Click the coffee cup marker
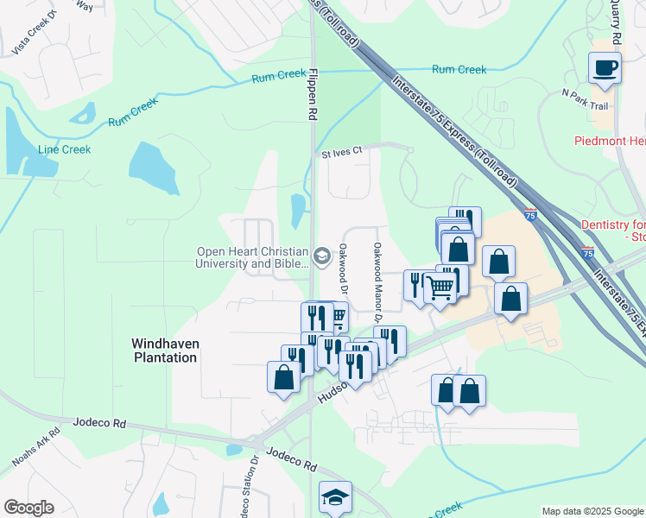(605, 67)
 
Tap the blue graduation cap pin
(335, 496)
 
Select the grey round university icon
(322, 254)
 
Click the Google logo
(28, 508)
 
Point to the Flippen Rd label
(313, 95)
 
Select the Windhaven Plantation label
(165, 350)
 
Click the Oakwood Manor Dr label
(377, 271)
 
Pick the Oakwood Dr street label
(342, 267)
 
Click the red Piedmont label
(610, 141)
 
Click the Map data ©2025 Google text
(592, 511)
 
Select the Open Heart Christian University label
(252, 258)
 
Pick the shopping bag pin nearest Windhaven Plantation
(284, 377)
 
